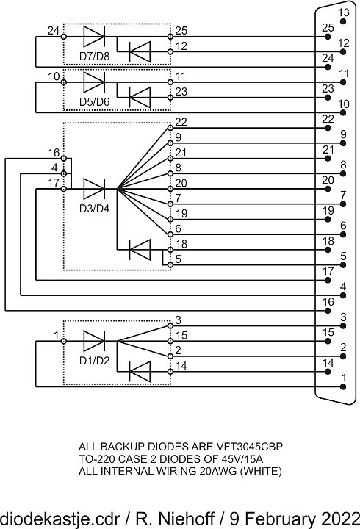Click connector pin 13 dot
[343, 21]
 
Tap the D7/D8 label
[95, 56]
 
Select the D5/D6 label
[95, 101]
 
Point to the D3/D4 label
[95, 208]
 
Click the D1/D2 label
[95, 360]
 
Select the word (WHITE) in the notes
[261, 471]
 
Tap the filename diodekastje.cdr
[60, 518]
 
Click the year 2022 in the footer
[340, 518]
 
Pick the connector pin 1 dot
[343, 387]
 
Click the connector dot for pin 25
[327, 37]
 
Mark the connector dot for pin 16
[327, 311]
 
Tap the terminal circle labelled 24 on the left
[63, 37]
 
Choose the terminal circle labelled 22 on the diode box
[170, 128]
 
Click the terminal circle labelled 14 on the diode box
[170, 372]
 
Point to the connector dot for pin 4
[343, 295]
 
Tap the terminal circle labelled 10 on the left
[63, 82]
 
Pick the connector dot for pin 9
[343, 143]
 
